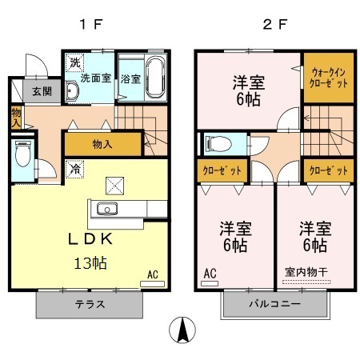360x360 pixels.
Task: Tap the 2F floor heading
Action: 274,22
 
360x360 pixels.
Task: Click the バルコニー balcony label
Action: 274,304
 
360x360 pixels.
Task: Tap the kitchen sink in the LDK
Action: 107,210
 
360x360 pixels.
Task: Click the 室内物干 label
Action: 307,272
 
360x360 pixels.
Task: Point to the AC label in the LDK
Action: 152,274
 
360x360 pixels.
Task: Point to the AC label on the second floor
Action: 210,274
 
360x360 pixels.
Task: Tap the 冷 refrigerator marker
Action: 74,170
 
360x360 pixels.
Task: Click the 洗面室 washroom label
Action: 94,78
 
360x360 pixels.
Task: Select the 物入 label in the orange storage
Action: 102,144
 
